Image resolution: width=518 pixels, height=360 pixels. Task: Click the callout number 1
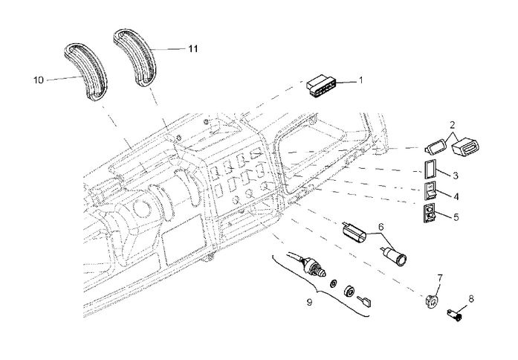pos(360,80)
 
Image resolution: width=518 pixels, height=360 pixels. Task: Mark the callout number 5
pos(455,218)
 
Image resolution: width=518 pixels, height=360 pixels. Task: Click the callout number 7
pos(440,278)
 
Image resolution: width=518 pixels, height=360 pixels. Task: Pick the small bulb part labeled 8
pos(454,315)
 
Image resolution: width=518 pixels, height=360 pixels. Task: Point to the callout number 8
pos(470,300)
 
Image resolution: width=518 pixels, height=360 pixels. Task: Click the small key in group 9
pos(365,300)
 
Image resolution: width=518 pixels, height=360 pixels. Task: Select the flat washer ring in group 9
pos(333,285)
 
